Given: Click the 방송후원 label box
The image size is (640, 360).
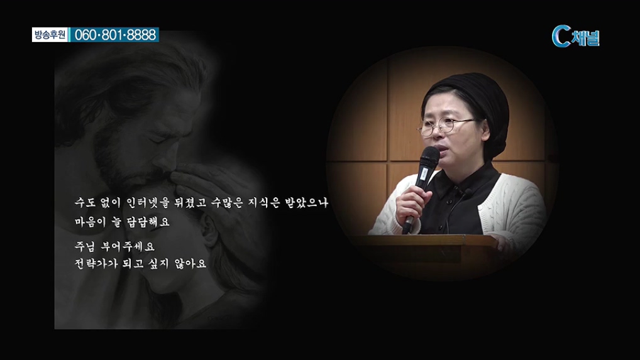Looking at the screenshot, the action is tap(50, 35).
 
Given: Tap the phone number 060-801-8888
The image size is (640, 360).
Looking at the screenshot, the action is tap(116, 35).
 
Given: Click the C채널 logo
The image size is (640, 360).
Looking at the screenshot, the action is tap(575, 37).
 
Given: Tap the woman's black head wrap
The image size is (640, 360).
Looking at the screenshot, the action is tap(473, 106).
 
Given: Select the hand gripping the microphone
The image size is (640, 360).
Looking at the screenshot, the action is tap(413, 206).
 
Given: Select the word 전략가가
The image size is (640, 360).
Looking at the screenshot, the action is tap(90, 264).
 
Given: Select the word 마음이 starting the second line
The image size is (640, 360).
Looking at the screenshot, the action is tap(90, 222).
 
